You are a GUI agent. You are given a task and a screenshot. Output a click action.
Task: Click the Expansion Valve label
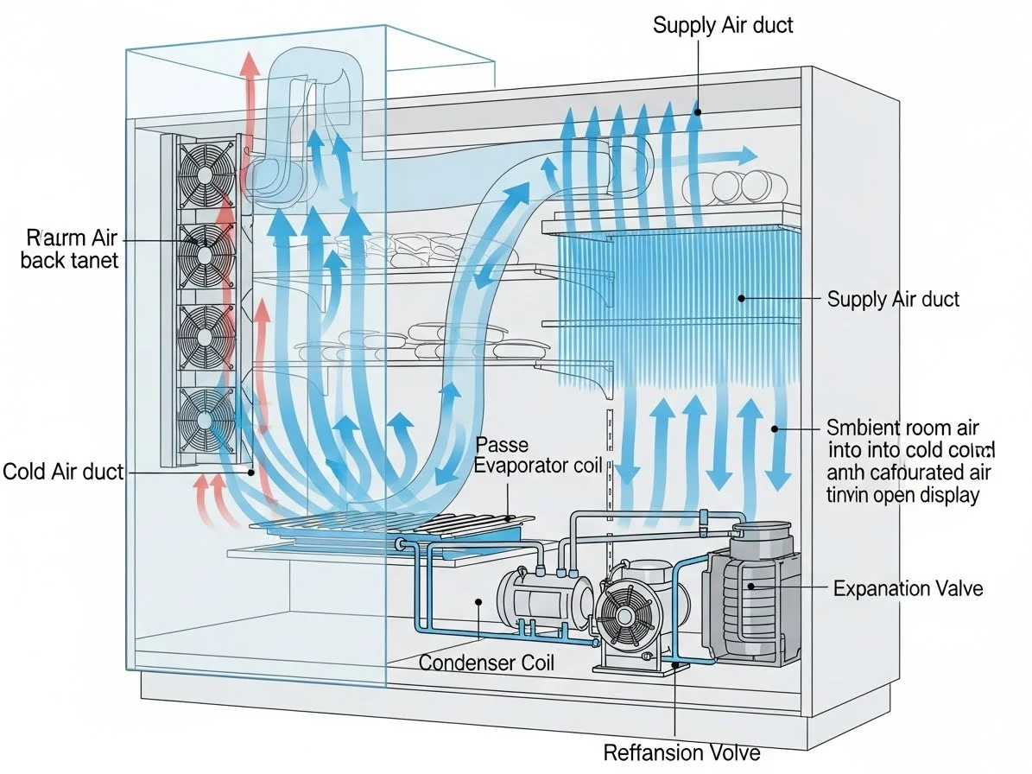click(908, 589)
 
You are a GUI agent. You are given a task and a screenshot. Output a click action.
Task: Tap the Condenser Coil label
click(486, 663)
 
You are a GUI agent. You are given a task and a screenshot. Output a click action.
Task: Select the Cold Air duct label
click(63, 472)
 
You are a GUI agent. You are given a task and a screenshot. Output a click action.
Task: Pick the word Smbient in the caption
click(864, 428)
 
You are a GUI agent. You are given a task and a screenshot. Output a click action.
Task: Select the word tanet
click(92, 260)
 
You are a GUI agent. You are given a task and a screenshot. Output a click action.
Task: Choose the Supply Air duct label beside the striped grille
click(893, 300)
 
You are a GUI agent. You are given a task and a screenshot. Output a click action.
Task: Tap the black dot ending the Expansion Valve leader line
click(750, 587)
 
